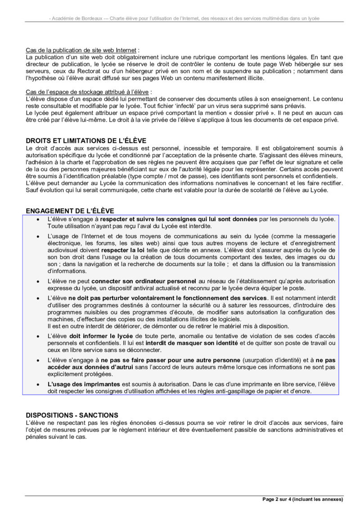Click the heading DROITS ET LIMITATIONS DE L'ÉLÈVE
[86, 141]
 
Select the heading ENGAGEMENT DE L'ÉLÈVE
[70, 210]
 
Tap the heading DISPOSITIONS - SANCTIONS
[72, 415]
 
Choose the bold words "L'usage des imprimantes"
[84, 384]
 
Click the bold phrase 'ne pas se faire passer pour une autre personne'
[170, 361]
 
